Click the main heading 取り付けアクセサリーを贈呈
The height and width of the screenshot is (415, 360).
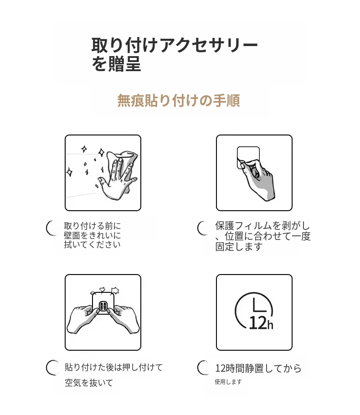coord(175,55)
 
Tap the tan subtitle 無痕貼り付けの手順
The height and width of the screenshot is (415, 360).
coord(179,101)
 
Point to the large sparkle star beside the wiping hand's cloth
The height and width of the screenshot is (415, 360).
coord(101,152)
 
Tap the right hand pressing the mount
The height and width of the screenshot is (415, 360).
coord(125,319)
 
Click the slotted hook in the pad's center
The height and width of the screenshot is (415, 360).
coord(103,306)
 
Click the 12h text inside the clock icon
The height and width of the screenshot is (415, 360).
coord(261,323)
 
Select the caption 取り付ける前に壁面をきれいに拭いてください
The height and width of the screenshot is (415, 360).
coord(93,235)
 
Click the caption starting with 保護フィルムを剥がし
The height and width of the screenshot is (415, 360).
coord(262,236)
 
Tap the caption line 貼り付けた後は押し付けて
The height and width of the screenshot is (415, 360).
coord(114,368)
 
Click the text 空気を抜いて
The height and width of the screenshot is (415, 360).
coord(89,383)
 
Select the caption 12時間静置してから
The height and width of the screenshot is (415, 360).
coord(258,368)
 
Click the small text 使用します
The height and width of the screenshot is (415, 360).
coord(228,382)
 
